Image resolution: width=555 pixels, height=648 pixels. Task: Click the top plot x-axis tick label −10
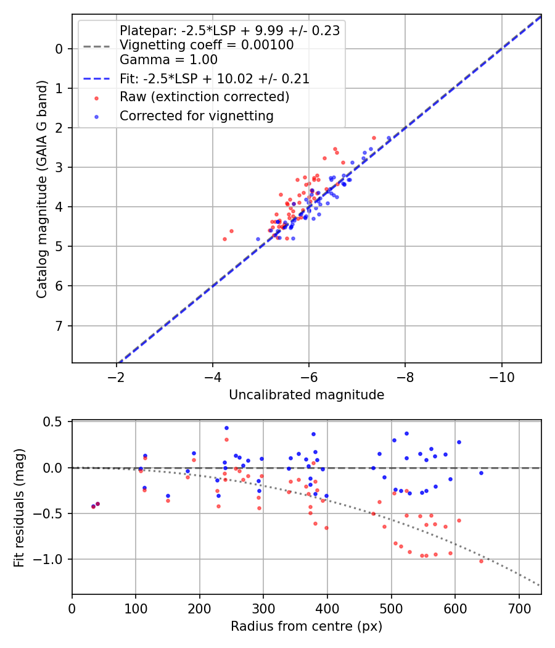[x=501, y=377]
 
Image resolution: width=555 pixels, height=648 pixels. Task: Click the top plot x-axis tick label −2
[x=116, y=377]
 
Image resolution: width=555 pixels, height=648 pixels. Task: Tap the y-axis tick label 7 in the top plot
[x=59, y=326]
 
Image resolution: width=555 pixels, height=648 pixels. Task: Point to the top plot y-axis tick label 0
[x=59, y=49]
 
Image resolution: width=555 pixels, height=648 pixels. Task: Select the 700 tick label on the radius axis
[x=519, y=609]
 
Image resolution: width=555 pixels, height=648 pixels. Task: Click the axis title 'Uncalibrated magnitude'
[x=306, y=395]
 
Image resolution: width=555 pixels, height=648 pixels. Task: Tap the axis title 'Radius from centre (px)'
[x=306, y=626]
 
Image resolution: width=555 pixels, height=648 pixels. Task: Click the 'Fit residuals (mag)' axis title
[x=19, y=508]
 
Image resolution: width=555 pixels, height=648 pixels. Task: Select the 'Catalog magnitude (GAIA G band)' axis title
[x=41, y=189]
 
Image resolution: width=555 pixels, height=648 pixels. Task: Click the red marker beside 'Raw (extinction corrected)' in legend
[x=97, y=98]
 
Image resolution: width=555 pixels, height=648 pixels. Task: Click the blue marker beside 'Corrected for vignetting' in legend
[x=97, y=117]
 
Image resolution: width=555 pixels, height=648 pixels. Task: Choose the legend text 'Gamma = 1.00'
[x=168, y=60]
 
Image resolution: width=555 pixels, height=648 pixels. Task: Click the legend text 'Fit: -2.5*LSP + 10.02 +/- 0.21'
[x=215, y=79]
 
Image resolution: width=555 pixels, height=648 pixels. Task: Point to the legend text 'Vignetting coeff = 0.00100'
[x=207, y=45]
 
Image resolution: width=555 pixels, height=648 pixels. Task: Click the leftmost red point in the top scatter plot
[x=224, y=239]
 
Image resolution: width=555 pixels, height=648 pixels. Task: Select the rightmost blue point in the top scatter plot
[x=388, y=138]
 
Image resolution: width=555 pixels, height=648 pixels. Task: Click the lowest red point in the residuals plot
[x=481, y=561]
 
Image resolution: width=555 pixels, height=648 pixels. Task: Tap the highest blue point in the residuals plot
[x=226, y=428]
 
